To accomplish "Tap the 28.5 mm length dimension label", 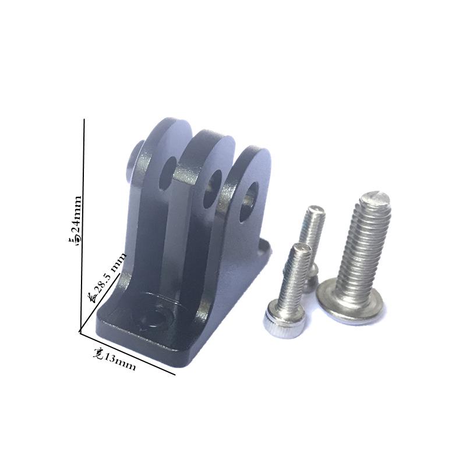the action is pos(108,277).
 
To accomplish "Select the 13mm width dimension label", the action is pos(114,359).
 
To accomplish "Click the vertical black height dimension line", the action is pos(82,225).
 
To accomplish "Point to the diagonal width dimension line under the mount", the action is pos(127,353).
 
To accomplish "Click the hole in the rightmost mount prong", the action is pos(249,202).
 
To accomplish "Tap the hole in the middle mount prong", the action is pos(212,188).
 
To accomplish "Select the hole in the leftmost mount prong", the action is pos(167,174).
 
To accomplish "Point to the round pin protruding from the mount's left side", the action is pos(135,162).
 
